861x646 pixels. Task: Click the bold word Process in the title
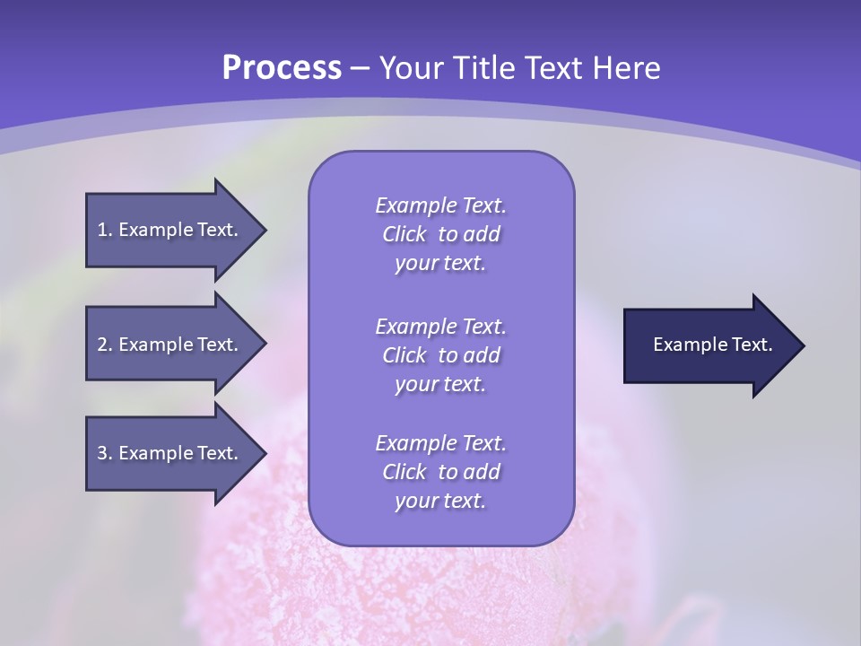[282, 68]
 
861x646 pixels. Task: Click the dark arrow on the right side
[709, 345]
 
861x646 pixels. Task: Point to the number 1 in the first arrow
[102, 230]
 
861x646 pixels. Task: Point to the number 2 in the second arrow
[102, 345]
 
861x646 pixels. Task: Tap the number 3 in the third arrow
[102, 453]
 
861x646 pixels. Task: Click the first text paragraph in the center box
[440, 234]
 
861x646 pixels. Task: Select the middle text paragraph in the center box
[440, 355]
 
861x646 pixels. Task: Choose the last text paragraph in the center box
[440, 472]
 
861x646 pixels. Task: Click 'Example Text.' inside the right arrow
[713, 345]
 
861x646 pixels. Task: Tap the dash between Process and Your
[360, 68]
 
